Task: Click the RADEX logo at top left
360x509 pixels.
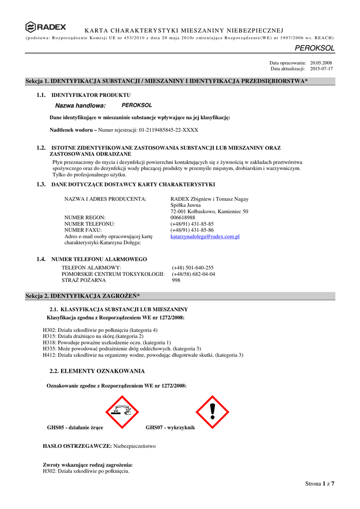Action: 45,27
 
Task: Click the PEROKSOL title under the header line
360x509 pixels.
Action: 315,48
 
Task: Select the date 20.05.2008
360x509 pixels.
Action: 321,63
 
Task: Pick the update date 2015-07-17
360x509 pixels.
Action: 321,69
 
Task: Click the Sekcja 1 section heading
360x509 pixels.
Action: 167,81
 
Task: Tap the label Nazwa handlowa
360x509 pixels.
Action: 81,106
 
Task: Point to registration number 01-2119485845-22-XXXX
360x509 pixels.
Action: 165,130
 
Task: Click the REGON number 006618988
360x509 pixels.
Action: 183,218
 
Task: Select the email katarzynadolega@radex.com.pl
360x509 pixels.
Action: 205,237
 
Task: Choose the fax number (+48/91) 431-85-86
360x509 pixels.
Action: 192,230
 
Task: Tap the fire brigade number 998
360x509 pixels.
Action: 176,280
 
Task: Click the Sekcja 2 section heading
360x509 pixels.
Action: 83,296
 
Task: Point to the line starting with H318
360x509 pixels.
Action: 107,342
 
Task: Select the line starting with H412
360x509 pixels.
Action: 143,355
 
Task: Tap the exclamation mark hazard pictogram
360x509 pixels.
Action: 212,412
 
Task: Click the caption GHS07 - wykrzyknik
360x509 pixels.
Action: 170,427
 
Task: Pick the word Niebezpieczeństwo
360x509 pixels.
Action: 134,446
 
